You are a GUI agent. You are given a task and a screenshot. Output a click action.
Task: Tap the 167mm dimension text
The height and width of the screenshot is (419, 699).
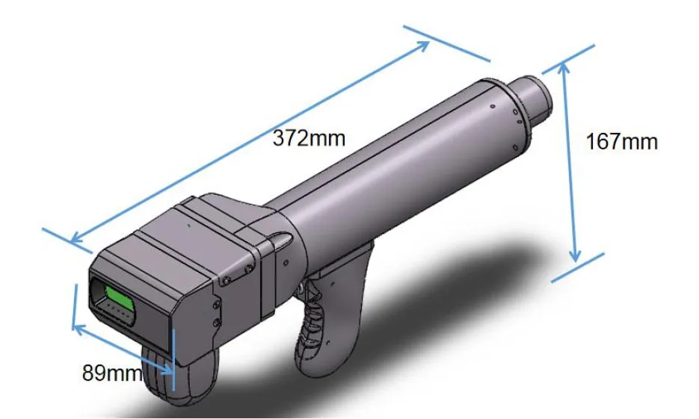tap(622, 141)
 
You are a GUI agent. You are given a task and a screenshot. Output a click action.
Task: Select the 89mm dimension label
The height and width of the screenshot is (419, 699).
tap(111, 372)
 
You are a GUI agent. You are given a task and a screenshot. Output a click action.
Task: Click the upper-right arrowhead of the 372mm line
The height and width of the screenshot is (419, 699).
tap(425, 46)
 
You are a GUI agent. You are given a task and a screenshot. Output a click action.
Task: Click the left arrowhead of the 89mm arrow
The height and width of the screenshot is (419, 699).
tap(76, 326)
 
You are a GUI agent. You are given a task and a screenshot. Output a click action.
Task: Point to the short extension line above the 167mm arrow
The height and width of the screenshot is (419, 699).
tap(567, 56)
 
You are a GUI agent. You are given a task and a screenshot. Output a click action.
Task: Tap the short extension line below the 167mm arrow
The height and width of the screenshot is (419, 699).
tap(577, 267)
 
